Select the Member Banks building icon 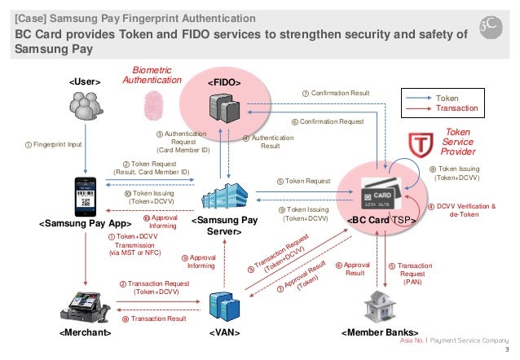pos(381,306)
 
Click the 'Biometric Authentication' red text pos(151,75)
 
